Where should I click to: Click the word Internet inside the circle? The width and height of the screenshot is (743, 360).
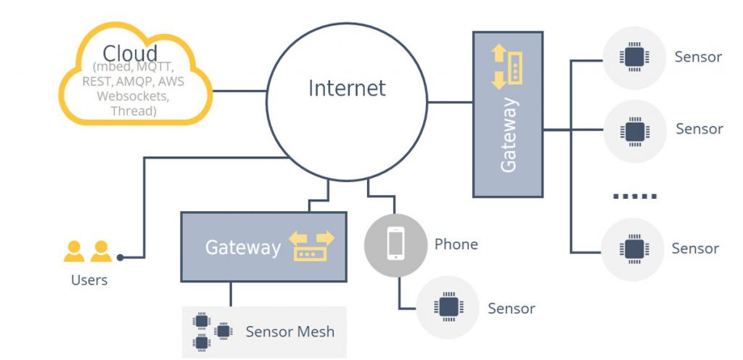(x=347, y=89)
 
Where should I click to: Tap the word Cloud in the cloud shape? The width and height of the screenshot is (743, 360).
(x=131, y=54)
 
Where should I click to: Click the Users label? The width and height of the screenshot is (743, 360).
(x=89, y=280)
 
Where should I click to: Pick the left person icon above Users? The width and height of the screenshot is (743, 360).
(x=74, y=252)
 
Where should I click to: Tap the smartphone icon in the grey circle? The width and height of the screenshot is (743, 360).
(x=395, y=244)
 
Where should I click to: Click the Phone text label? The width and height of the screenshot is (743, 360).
(x=456, y=244)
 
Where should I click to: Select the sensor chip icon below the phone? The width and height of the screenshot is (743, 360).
(x=448, y=307)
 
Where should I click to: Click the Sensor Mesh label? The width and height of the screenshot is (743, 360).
(x=290, y=332)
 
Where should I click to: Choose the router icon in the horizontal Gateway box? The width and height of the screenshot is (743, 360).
(x=313, y=247)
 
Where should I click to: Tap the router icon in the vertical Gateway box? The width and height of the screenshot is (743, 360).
(x=508, y=67)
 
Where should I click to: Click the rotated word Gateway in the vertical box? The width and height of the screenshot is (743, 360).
(x=509, y=136)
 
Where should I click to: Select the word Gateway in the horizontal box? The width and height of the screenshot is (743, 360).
(x=242, y=247)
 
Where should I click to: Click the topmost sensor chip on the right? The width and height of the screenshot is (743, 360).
(x=633, y=57)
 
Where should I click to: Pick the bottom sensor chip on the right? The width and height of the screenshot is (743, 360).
(x=633, y=249)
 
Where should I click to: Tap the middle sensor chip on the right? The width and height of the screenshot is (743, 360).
(x=633, y=131)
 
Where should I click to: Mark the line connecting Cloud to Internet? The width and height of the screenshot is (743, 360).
(x=239, y=91)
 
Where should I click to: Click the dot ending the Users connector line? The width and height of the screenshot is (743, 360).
(x=120, y=257)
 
